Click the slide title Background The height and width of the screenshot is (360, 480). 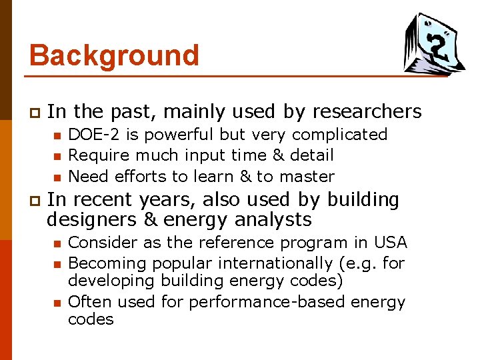point(114,55)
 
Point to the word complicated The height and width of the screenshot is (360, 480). point(339,135)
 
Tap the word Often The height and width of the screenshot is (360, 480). point(90,302)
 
